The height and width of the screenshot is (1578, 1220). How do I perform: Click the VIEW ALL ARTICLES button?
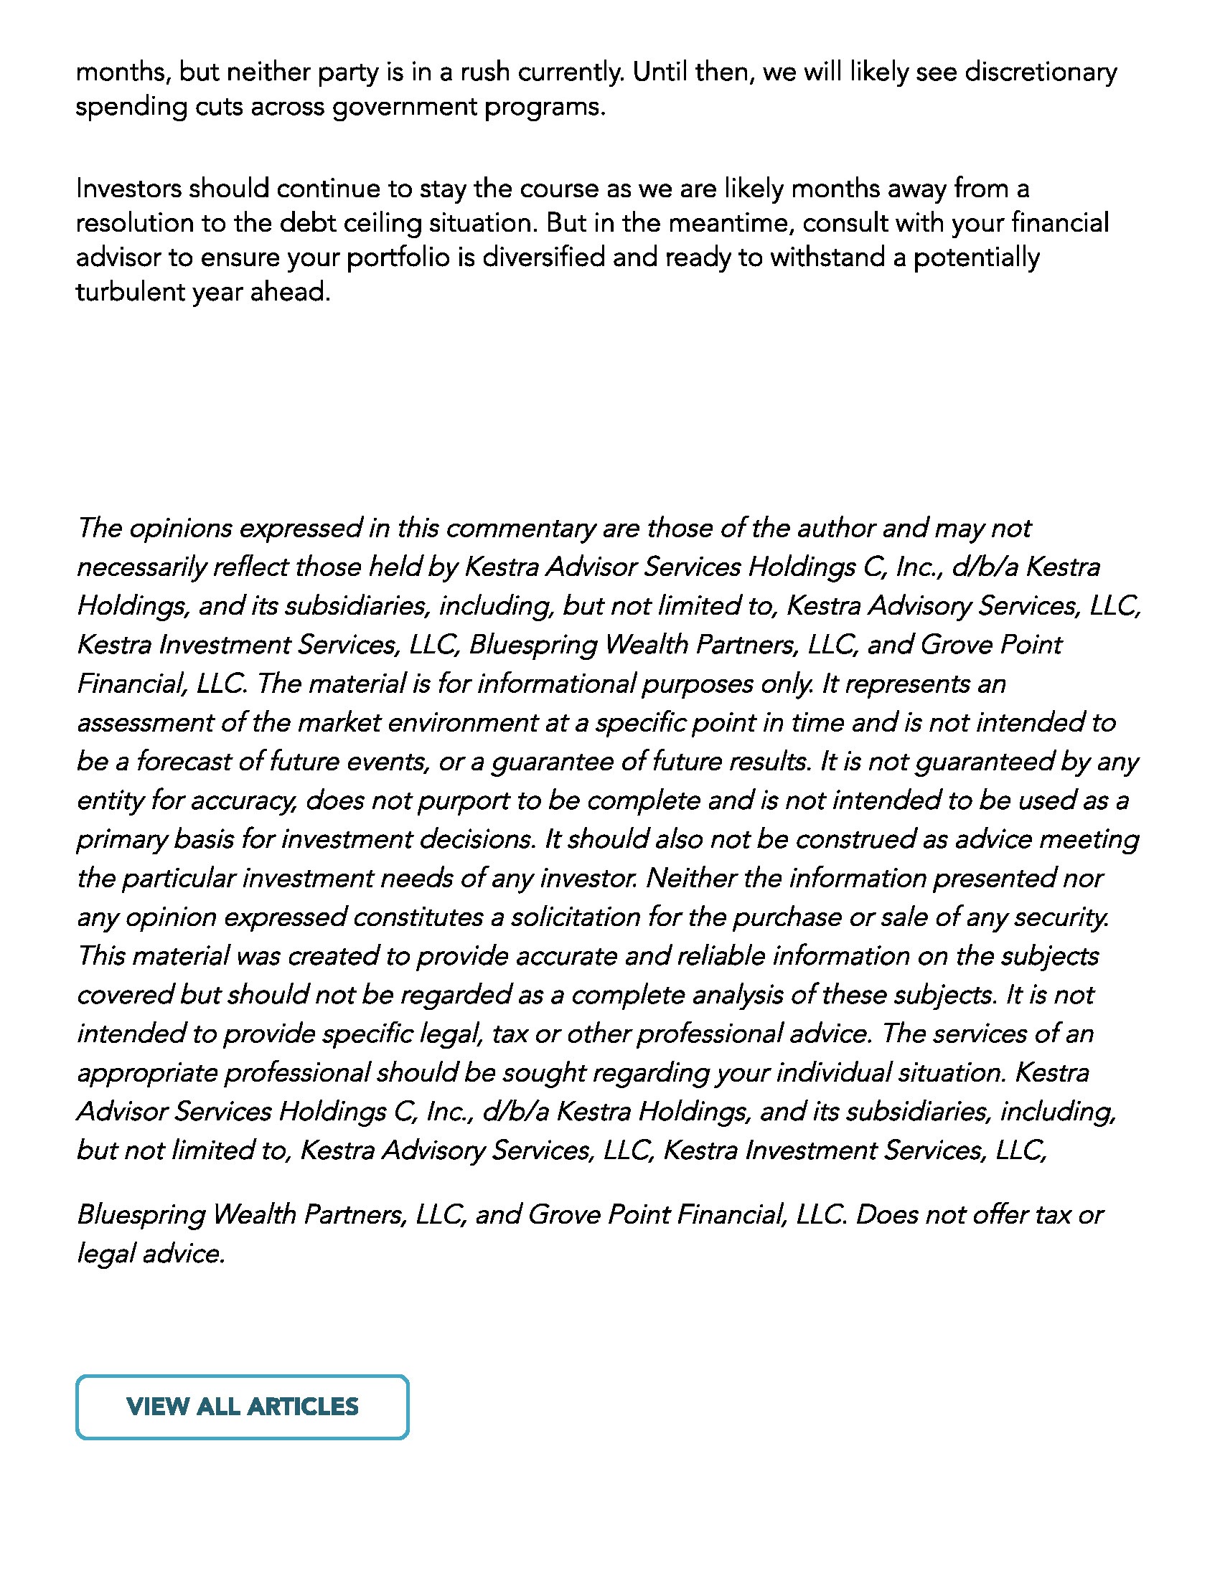tap(242, 1406)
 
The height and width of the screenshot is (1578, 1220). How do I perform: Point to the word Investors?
tap(128, 189)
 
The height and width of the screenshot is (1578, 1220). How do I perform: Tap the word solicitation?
tap(576, 917)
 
